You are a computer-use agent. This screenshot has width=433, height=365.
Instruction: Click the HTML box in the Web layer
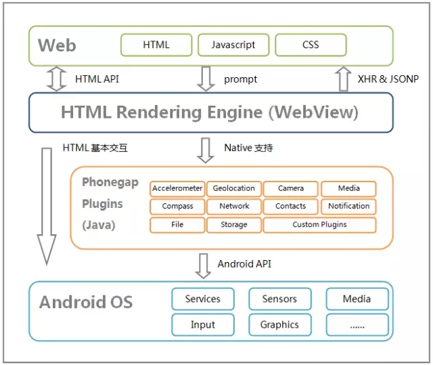click(156, 45)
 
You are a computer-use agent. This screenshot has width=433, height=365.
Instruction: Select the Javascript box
click(233, 45)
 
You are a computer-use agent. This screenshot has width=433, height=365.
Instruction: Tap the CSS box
click(311, 45)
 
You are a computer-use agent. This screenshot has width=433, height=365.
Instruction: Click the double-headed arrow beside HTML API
click(55, 79)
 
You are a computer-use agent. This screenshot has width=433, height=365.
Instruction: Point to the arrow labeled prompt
click(206, 79)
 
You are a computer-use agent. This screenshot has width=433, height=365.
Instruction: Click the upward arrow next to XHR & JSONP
click(343, 79)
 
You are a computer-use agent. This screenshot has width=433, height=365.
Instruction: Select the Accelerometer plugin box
click(177, 188)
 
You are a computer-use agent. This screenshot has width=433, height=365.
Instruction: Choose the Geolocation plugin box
click(234, 188)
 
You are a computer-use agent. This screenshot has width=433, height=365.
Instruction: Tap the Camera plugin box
click(291, 188)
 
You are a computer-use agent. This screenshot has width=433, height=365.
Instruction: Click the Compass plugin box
click(177, 207)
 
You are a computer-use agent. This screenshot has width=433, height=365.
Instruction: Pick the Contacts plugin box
click(291, 207)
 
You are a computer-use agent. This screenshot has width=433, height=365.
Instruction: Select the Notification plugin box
click(348, 207)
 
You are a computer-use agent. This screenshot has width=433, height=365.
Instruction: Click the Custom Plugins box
click(319, 225)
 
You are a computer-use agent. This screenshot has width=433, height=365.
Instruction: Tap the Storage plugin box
click(234, 225)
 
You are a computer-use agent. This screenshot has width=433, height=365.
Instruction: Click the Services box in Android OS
click(203, 299)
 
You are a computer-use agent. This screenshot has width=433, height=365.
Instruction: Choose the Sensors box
click(279, 299)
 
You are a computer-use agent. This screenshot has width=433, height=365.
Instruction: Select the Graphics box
click(279, 325)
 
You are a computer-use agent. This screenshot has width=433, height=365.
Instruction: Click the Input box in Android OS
click(203, 325)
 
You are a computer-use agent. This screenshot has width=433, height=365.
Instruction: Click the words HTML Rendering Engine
click(162, 112)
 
